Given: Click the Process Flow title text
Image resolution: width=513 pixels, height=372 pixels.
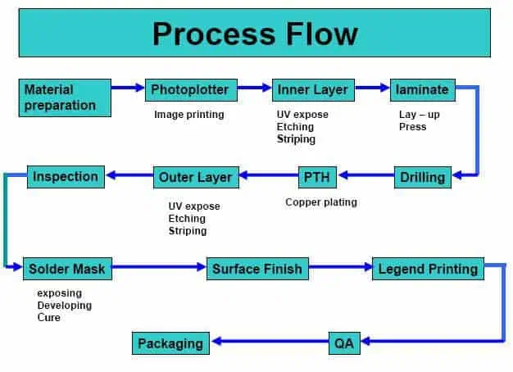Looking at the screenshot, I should pyautogui.click(x=255, y=34).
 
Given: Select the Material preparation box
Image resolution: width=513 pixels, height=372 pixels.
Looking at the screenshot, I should pyautogui.click(x=65, y=97).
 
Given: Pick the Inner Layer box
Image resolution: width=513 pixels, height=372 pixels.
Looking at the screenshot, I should pyautogui.click(x=313, y=89).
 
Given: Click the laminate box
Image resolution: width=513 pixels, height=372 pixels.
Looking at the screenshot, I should pyautogui.click(x=422, y=89).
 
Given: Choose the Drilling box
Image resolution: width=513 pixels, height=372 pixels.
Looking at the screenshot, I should pyautogui.click(x=422, y=176).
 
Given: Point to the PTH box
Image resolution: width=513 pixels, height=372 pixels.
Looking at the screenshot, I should pyautogui.click(x=315, y=176).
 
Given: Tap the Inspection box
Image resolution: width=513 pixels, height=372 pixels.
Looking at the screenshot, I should pyautogui.click(x=66, y=176).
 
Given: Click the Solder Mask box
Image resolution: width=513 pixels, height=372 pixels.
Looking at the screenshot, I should pyautogui.click(x=66, y=268).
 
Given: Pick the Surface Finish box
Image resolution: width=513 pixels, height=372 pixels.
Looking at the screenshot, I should pyautogui.click(x=257, y=268).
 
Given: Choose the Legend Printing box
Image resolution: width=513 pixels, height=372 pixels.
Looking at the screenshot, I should pyautogui.click(x=428, y=268).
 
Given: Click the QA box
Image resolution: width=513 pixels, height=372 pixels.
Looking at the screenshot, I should pyautogui.click(x=344, y=343).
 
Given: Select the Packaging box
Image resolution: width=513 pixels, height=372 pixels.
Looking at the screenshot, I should pyautogui.click(x=170, y=343).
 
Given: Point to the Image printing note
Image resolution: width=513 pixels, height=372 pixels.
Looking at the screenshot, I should pyautogui.click(x=188, y=115).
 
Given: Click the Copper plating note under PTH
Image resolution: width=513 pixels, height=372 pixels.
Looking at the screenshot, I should pyautogui.click(x=321, y=202).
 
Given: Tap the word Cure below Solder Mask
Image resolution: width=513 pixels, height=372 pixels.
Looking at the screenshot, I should pyautogui.click(x=49, y=318).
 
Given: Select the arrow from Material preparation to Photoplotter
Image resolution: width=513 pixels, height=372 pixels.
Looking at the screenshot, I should pyautogui.click(x=129, y=88).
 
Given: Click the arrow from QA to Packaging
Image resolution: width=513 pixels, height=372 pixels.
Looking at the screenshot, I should pyautogui.click(x=270, y=343).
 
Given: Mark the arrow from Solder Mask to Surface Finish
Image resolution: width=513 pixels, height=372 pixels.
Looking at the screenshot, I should pyautogui.click(x=158, y=267).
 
